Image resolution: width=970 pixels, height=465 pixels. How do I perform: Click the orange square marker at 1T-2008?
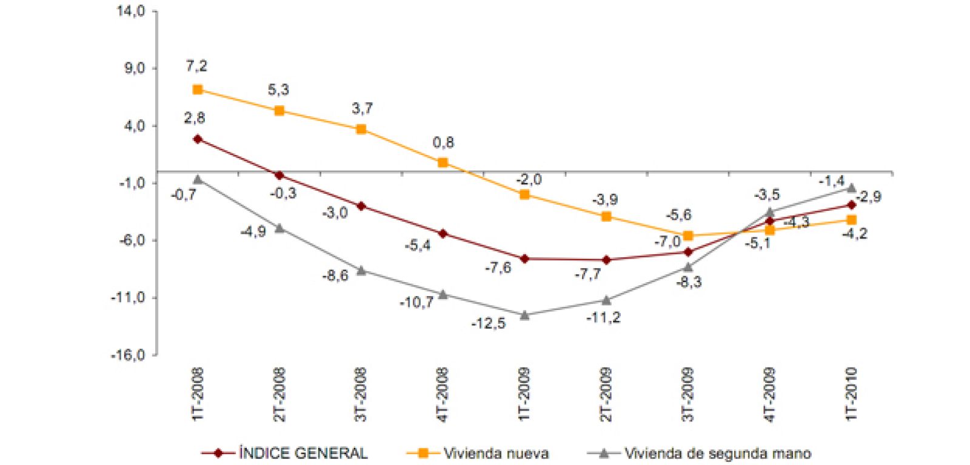coord(198,90)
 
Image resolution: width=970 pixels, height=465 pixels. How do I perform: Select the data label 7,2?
coord(196,66)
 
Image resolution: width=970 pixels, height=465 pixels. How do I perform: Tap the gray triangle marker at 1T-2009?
coord(524,315)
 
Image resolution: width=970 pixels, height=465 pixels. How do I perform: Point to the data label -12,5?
coord(488,324)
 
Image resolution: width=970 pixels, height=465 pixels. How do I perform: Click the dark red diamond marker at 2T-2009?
coord(606,260)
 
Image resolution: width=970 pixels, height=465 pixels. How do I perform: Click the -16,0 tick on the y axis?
coord(128,355)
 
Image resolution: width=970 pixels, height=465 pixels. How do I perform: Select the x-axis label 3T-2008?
coord(361,394)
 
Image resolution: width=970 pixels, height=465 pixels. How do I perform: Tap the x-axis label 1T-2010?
coord(851,394)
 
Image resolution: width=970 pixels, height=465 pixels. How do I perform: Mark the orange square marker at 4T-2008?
coord(443,162)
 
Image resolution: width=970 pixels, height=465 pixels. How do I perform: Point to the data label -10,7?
coord(416,302)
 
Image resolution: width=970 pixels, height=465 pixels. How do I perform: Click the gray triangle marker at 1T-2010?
coord(851,188)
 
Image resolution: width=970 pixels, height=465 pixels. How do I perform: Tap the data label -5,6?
coord(678,215)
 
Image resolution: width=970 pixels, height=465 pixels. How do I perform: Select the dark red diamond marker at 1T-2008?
coord(198,139)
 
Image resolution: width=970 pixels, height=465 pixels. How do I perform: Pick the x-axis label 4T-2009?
coord(769,394)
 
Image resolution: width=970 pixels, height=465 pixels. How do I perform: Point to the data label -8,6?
coord(335,276)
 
